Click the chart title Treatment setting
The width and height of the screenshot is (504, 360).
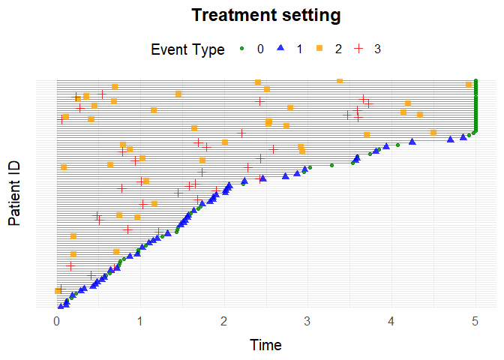pos(266,15)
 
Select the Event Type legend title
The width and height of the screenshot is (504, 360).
pos(187,50)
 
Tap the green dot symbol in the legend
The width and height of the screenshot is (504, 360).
pos(241,49)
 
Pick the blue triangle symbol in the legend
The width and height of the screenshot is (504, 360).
pos(280,49)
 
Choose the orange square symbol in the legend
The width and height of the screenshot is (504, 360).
pos(319,49)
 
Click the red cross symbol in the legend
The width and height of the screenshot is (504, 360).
pos(358,49)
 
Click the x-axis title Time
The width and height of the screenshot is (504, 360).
pos(266,345)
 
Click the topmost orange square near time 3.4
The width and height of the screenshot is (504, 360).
pos(340,81)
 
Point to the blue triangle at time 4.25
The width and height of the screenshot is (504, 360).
pos(412,141)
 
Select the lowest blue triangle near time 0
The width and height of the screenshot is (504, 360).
pos(60,305)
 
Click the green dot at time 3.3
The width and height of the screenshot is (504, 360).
pos(331,165)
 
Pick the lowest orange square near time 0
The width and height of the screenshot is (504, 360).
pos(58,290)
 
